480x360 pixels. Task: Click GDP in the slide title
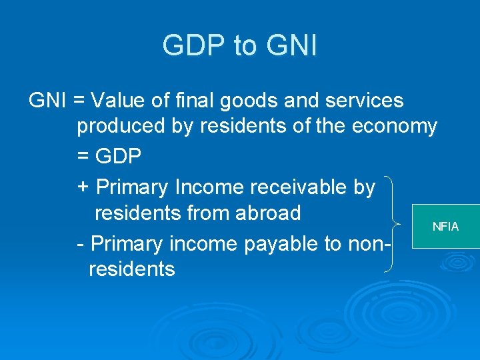click(195, 46)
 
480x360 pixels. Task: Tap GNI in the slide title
click(291, 46)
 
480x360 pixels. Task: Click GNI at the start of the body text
click(47, 101)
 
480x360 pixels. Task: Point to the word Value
click(119, 101)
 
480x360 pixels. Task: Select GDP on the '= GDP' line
click(119, 156)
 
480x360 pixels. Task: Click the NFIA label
click(445, 227)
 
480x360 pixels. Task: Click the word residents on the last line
click(131, 269)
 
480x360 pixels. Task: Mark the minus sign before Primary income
click(81, 243)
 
